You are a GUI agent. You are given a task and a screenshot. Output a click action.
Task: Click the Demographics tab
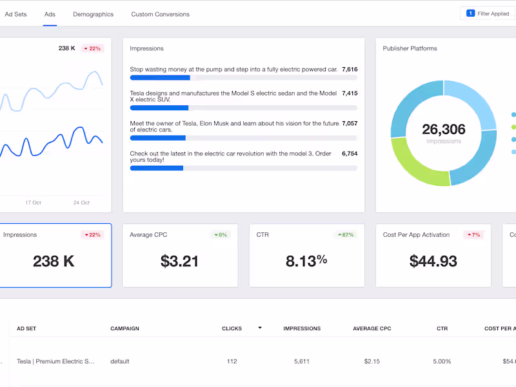click(x=93, y=14)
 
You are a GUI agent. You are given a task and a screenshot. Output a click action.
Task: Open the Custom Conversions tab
click(x=160, y=14)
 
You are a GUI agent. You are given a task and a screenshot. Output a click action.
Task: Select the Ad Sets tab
click(x=15, y=14)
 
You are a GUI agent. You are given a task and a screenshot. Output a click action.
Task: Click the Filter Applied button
click(x=488, y=14)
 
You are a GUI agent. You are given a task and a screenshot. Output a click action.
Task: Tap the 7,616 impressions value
click(x=350, y=69)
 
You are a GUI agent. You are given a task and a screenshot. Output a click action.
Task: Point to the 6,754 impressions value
click(x=350, y=154)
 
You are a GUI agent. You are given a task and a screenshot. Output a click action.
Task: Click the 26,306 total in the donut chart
click(x=443, y=130)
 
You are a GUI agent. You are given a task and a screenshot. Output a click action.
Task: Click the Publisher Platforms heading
click(x=410, y=48)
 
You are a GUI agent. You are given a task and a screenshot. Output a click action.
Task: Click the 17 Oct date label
click(x=33, y=203)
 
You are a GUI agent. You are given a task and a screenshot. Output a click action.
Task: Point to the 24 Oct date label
click(x=81, y=203)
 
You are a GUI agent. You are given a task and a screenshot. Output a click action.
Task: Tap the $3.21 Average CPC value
click(x=179, y=261)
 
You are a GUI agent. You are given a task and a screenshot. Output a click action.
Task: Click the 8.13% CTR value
click(x=306, y=261)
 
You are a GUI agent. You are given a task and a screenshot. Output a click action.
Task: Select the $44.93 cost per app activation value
click(x=433, y=261)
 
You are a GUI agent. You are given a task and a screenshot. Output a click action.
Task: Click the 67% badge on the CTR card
click(x=345, y=235)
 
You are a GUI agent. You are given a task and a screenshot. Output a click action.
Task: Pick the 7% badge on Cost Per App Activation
click(x=473, y=235)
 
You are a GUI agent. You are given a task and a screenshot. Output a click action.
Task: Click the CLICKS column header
click(x=232, y=328)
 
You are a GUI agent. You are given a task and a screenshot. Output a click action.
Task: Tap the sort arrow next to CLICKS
click(x=260, y=328)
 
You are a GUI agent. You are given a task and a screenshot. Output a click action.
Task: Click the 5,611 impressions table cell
click(x=301, y=361)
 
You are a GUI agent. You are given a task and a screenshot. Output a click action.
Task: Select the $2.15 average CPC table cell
click(x=373, y=361)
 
